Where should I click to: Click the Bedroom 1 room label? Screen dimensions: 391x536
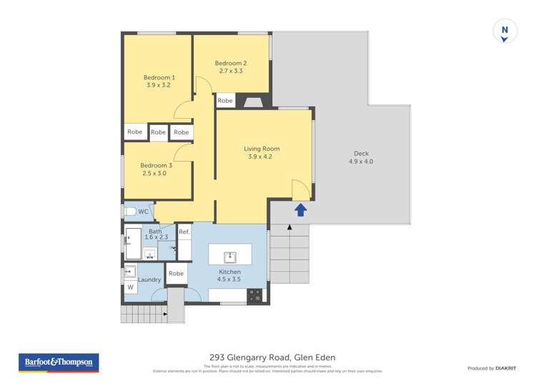click(159, 77)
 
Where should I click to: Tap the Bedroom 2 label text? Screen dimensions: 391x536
click(231, 63)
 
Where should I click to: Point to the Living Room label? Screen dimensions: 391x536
click(262, 149)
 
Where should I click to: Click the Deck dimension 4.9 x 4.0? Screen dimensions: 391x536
click(361, 162)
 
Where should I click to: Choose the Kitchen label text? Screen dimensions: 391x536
click(230, 272)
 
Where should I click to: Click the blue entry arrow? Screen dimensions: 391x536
click(301, 209)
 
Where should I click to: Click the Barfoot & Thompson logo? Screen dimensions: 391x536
click(59, 362)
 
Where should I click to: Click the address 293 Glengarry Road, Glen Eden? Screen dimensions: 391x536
click(272, 357)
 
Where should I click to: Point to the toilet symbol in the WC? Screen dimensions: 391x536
click(129, 212)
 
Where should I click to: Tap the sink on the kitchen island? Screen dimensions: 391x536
click(230, 256)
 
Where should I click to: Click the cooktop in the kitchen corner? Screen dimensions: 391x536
click(255, 294)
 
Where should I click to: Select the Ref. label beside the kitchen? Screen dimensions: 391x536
click(184, 232)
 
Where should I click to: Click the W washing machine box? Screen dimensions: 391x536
click(130, 287)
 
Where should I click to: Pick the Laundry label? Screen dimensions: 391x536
click(149, 279)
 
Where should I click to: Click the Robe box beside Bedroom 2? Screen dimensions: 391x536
click(225, 101)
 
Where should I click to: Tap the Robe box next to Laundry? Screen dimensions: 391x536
click(176, 273)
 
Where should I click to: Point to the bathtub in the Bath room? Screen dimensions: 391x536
click(133, 244)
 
